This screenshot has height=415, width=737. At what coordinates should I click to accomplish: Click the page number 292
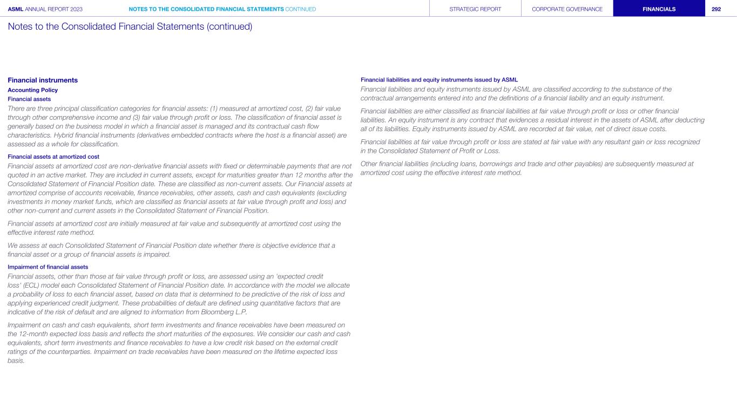click(x=716, y=9)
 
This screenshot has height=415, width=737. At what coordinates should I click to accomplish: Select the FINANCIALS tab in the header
click(x=659, y=9)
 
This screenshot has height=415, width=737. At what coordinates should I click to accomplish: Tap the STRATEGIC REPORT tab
click(x=475, y=9)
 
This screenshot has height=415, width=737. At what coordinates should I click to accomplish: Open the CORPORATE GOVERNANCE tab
click(x=567, y=9)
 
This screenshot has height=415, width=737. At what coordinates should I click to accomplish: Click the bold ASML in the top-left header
click(x=16, y=9)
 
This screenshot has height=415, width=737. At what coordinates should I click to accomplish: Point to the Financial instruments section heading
click(x=43, y=80)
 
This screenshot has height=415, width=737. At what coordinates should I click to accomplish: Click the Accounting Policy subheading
click(x=32, y=90)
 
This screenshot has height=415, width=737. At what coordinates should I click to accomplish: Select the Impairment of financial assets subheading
click(x=48, y=267)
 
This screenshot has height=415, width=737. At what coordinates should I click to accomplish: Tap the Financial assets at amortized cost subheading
click(x=53, y=157)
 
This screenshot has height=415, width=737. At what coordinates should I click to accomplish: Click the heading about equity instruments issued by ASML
click(x=439, y=80)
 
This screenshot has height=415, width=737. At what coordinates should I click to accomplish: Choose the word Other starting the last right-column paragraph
click(x=370, y=164)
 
